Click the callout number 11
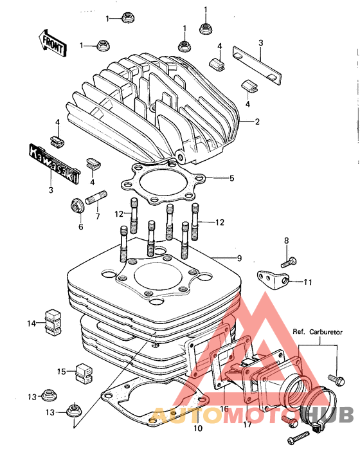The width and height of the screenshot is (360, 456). pyautogui.click(x=308, y=282)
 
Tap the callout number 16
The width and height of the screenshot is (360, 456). pyautogui.click(x=224, y=409)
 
